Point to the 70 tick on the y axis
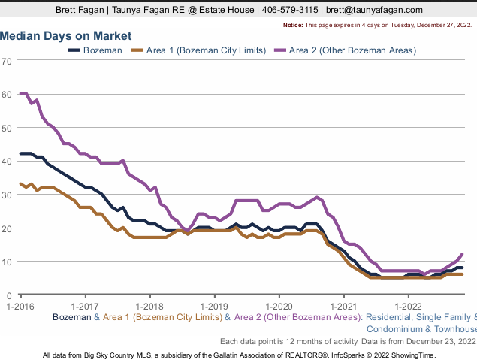(7, 61)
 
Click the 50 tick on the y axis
(7, 128)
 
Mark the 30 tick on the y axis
(7, 195)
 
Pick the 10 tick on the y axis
(7, 262)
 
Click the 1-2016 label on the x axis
(20, 306)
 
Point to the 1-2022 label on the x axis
(408, 306)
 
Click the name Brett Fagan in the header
(79, 10)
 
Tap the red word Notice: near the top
(294, 25)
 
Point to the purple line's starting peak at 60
(23, 93)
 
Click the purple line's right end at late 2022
(462, 254)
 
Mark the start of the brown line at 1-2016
(20, 183)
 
